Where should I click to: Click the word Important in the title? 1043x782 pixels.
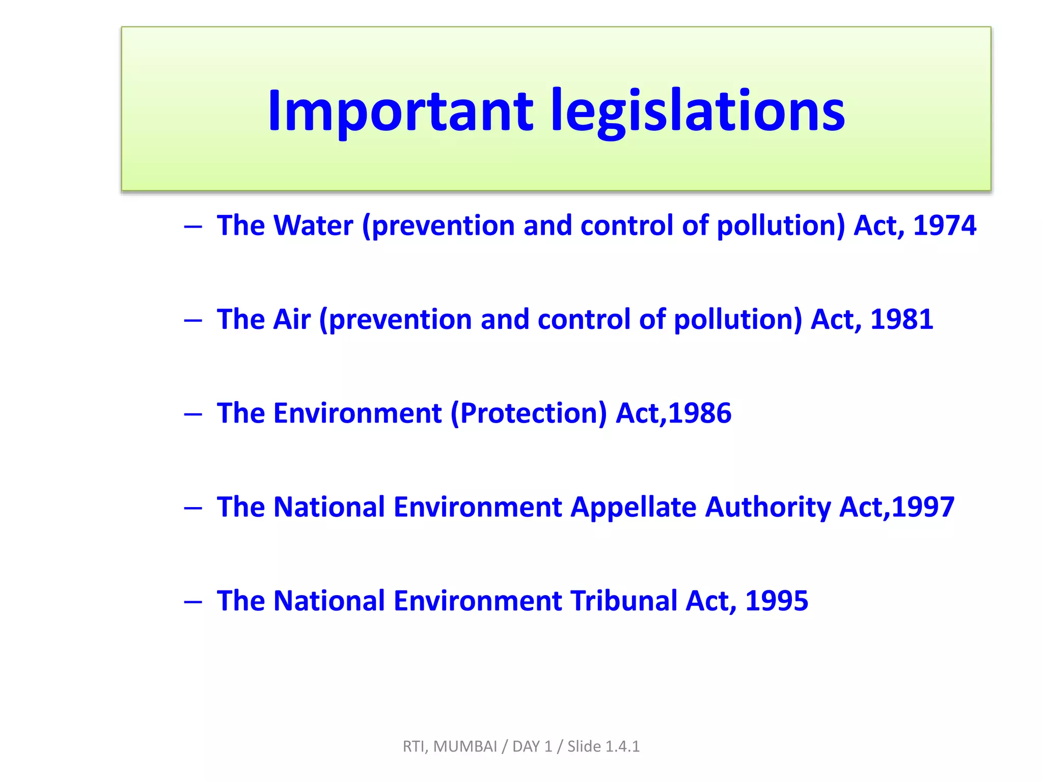point(400,110)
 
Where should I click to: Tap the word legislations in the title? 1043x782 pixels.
point(698,110)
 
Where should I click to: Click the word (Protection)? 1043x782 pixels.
point(529,413)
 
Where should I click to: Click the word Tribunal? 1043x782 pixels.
point(623,601)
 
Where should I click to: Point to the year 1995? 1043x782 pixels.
point(776,601)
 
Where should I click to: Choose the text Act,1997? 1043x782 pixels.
point(896,507)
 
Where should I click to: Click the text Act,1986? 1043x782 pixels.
point(673,413)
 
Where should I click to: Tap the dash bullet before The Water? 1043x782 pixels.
point(193,227)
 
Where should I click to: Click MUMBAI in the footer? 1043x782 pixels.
point(465,746)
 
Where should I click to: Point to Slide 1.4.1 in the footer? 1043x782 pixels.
point(603,746)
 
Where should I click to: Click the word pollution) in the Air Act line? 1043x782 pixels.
point(738,319)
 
